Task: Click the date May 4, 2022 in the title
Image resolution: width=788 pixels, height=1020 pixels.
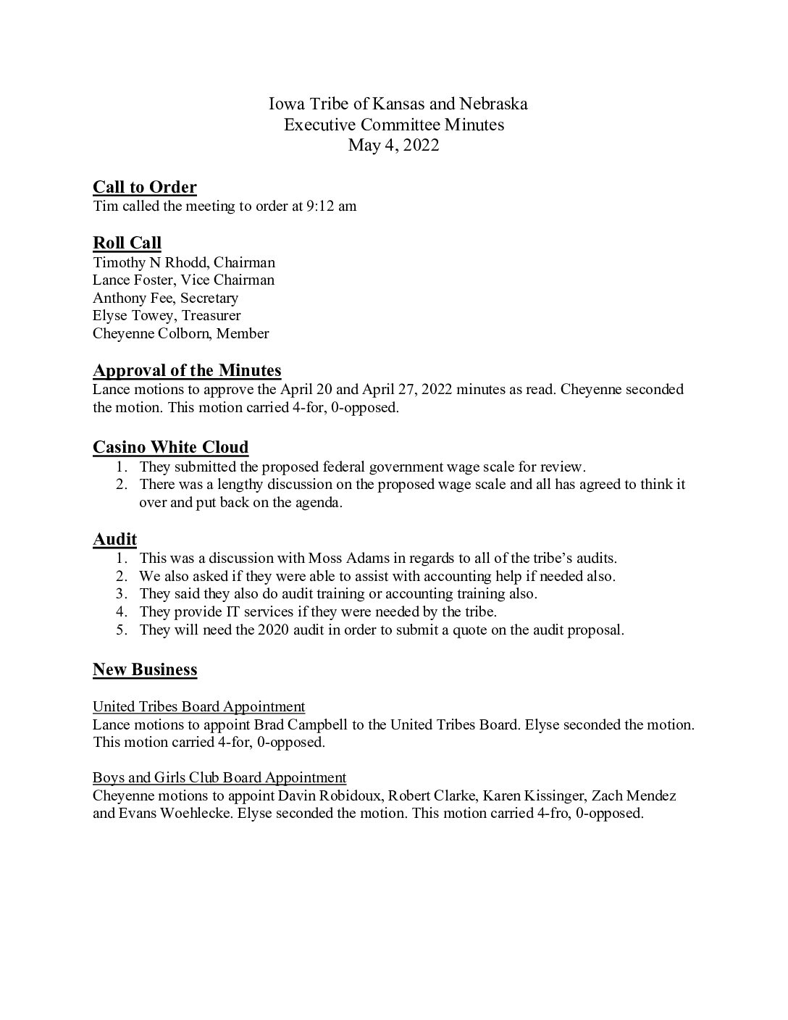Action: tap(393, 145)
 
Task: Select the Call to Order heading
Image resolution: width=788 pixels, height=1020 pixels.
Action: tap(145, 188)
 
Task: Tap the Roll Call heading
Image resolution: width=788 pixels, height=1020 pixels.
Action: tap(127, 243)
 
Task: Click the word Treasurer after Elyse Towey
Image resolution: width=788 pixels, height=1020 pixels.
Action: tap(211, 315)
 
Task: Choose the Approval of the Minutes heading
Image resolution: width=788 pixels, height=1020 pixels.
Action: tap(187, 371)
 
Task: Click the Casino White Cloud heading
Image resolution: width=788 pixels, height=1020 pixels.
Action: tap(170, 447)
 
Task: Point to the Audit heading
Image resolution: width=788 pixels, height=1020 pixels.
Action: tap(114, 539)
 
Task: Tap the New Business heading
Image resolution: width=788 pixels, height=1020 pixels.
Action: tap(145, 669)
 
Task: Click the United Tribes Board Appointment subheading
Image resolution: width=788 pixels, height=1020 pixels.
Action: tap(198, 706)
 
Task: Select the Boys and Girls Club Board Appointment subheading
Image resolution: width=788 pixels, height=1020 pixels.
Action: tap(219, 777)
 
